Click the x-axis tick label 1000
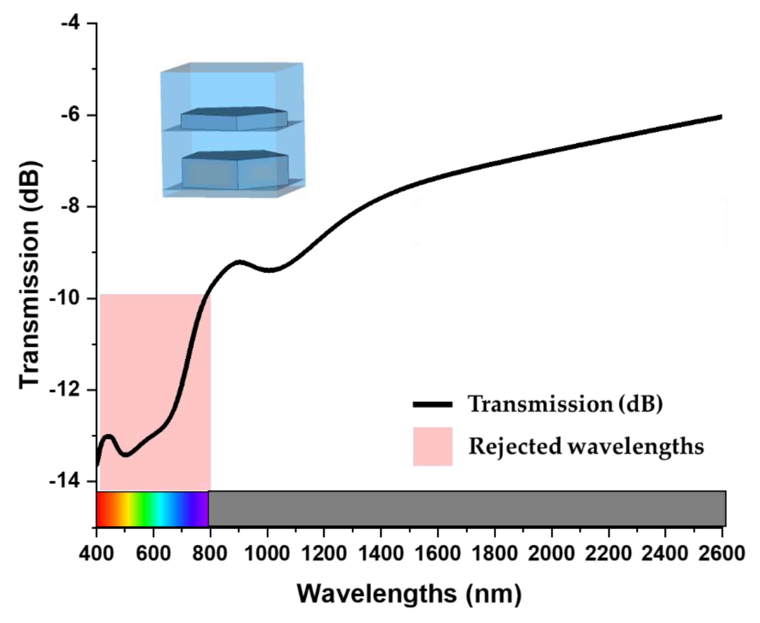coord(267,554)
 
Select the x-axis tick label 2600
coord(722,554)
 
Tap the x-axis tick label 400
coord(96,554)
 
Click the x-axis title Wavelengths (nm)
coord(410,594)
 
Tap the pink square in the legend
coord(432,447)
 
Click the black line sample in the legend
coord(432,405)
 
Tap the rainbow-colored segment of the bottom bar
coord(152,508)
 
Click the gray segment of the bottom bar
coord(467,508)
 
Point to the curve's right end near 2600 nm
coord(721,117)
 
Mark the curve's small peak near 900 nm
coord(239,262)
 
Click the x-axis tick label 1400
coord(381,554)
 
